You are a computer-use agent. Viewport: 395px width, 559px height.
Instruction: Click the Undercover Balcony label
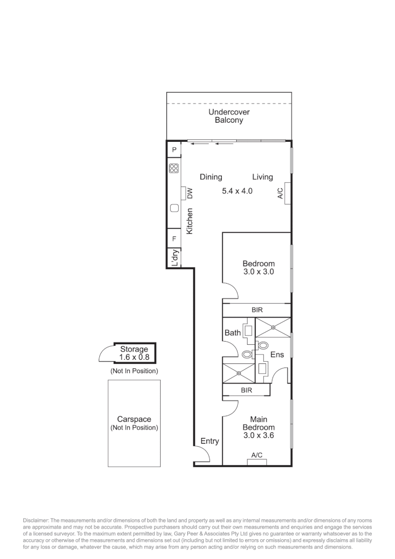point(229,116)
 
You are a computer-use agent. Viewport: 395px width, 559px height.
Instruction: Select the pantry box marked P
point(174,150)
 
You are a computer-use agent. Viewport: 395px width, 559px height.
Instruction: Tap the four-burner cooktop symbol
point(174,168)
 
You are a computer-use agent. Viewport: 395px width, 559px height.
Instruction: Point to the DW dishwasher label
point(189,193)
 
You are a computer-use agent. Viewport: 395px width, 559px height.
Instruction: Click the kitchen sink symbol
point(174,208)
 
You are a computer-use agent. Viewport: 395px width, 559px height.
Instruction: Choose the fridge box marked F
point(174,239)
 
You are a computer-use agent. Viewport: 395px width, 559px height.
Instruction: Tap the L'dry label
point(175,258)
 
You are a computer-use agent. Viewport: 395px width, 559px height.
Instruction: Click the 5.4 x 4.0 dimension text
point(237,191)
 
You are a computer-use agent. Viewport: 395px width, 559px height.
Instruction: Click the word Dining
point(211,177)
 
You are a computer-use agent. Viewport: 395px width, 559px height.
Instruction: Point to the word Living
point(263,177)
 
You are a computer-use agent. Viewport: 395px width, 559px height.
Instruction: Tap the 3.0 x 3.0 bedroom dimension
point(259,271)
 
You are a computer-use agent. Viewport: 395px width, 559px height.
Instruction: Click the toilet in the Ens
point(263,345)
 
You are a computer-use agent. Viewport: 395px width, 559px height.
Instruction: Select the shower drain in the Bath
point(239,373)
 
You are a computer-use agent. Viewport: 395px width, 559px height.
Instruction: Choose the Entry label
point(209,442)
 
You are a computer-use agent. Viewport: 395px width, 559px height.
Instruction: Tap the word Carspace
point(134,420)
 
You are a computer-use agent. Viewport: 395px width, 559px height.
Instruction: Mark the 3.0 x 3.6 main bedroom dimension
point(259,435)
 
